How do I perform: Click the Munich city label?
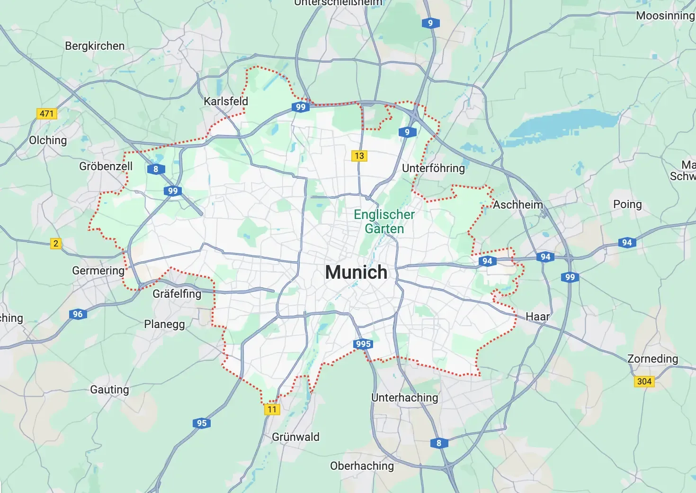356,273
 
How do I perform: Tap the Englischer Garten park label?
384,221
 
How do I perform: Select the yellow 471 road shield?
46,114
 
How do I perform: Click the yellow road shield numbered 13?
359,156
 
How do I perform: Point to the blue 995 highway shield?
363,344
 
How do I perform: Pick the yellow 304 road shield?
644,382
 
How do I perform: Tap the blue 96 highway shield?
78,314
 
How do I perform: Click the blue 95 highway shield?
202,423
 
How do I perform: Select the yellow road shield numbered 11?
272,410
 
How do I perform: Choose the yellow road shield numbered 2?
56,244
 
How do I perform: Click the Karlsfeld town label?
226,101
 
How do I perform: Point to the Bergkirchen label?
95,46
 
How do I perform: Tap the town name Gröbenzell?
106,166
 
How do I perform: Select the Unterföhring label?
433,168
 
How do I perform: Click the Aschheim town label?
518,205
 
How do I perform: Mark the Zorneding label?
652,359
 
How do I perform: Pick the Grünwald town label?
295,437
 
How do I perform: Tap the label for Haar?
537,317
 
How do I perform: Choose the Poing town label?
627,204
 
